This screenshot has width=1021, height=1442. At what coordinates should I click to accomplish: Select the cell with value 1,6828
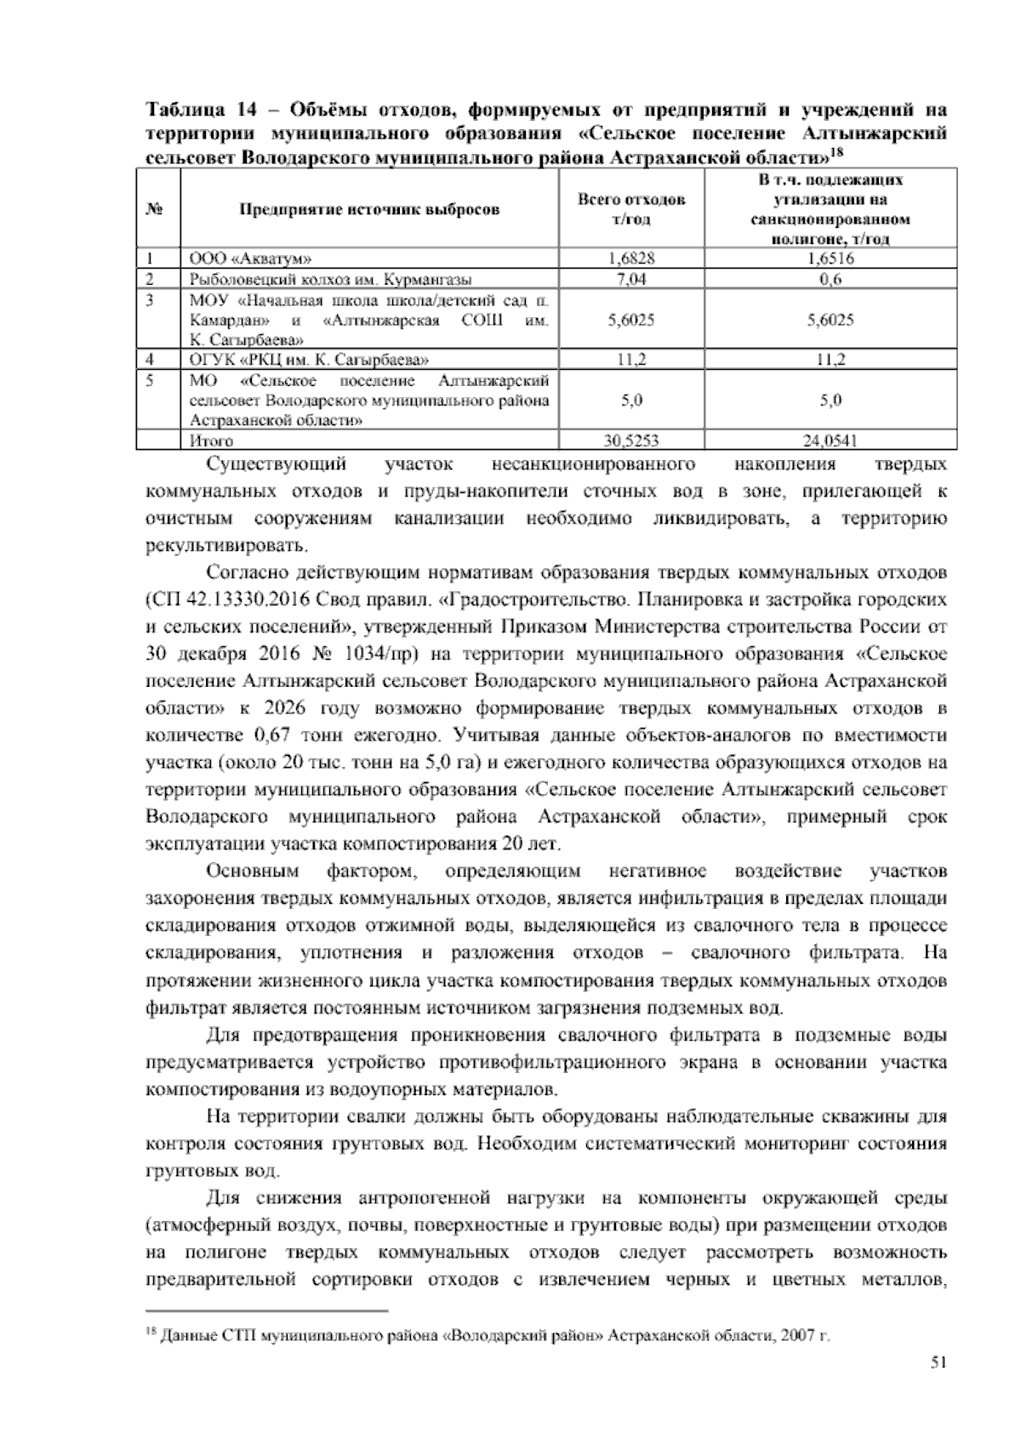click(631, 258)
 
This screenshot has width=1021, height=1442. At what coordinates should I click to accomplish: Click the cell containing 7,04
click(631, 279)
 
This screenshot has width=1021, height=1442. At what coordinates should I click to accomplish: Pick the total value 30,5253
click(631, 440)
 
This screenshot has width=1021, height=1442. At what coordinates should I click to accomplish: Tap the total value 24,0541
click(830, 440)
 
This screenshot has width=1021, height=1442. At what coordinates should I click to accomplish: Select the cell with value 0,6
click(830, 279)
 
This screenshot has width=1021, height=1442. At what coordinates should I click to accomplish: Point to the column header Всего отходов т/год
click(631, 209)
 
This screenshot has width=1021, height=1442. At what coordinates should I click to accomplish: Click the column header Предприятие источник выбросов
click(369, 209)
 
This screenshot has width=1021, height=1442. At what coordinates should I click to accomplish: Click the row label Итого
click(212, 440)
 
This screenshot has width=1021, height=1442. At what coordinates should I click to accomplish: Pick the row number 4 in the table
click(150, 360)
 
